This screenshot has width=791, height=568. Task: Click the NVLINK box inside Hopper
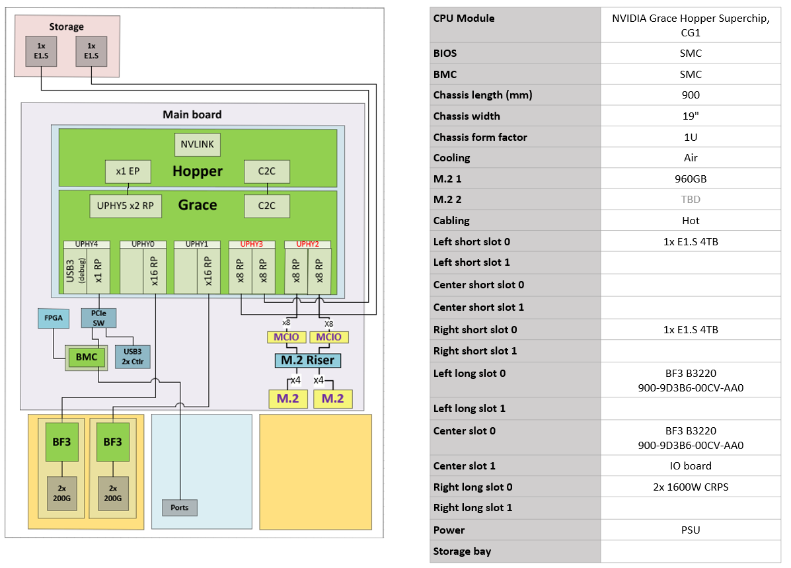198,145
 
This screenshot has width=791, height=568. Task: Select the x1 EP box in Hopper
128,171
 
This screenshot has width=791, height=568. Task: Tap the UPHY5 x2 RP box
126,206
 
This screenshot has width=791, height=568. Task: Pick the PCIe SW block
98,317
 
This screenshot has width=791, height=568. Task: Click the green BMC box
86,357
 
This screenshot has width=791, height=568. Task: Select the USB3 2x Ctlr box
132,357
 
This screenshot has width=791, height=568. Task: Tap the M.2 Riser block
308,360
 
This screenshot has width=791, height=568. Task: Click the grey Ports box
179,508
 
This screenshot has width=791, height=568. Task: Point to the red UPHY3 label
251,244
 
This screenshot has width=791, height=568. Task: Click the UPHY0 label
143,244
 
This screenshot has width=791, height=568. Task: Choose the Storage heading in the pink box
67,26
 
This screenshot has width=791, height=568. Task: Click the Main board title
192,114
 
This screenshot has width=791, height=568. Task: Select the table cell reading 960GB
690,179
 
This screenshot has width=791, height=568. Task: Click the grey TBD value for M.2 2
690,200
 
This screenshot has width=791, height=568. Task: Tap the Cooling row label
452,158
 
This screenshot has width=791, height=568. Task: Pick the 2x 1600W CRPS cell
690,487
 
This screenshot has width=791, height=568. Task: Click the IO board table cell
690,466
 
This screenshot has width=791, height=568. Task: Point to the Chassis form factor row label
480,138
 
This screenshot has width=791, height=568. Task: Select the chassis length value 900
690,95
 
